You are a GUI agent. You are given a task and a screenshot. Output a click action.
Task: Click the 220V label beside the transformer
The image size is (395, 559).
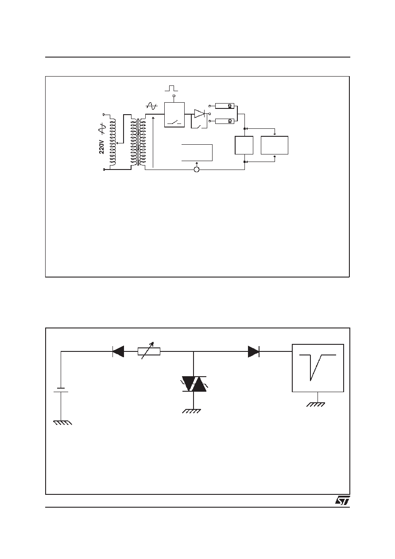[101, 147]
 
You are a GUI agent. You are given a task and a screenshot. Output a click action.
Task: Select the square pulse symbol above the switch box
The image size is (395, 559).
[171, 89]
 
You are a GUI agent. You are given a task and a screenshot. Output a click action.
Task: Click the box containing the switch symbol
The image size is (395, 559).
[174, 115]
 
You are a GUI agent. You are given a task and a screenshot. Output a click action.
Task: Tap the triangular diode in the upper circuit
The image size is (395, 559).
[200, 114]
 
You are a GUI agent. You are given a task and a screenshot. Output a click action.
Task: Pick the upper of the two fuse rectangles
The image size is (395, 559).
[225, 106]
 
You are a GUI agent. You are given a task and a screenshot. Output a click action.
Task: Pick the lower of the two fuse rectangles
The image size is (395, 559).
[225, 121]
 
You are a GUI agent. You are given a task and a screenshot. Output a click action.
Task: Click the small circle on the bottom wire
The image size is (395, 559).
[197, 170]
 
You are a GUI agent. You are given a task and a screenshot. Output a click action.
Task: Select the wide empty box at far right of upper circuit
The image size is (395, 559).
[275, 145]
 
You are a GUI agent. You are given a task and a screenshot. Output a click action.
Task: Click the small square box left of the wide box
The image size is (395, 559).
[244, 145]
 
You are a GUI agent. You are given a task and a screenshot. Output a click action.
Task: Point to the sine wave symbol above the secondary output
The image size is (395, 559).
[151, 106]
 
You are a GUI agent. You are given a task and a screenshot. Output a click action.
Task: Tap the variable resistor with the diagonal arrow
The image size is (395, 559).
[149, 351]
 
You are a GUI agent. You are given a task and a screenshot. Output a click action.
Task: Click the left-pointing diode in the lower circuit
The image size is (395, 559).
[118, 351]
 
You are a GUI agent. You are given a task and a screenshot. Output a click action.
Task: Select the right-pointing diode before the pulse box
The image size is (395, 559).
[253, 351]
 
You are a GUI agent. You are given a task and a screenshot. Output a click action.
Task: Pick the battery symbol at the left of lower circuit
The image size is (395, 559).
[61, 390]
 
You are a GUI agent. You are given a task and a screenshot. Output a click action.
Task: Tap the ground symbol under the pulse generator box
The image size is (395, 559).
[316, 405]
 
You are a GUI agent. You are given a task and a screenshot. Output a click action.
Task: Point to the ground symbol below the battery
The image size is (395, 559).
[63, 423]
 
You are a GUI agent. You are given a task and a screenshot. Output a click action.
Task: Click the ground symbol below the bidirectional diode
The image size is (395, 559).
[191, 412]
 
